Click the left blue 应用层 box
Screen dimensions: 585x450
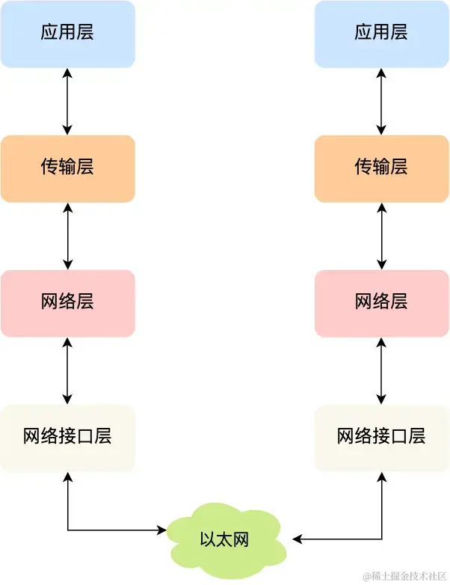(67, 34)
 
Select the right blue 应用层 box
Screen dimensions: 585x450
(381, 34)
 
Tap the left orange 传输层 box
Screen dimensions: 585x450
(67, 168)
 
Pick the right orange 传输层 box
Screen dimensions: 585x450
(381, 168)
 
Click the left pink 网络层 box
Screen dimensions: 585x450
(67, 303)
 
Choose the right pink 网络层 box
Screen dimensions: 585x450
(381, 303)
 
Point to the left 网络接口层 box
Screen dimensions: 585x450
(67, 438)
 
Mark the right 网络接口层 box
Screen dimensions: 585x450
(381, 438)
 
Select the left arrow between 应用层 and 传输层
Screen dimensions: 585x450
(68, 101)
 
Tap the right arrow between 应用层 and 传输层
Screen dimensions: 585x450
(382, 101)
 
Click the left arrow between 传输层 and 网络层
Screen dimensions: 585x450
(68, 236)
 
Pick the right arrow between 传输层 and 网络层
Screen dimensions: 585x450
(382, 236)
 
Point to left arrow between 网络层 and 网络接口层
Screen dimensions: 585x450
(68, 370)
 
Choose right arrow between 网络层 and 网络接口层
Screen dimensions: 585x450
(382, 370)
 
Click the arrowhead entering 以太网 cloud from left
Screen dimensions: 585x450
(161, 530)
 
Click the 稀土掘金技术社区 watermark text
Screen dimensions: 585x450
(404, 575)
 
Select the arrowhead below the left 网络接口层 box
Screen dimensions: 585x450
(68, 477)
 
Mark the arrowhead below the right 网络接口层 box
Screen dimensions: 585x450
(382, 477)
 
